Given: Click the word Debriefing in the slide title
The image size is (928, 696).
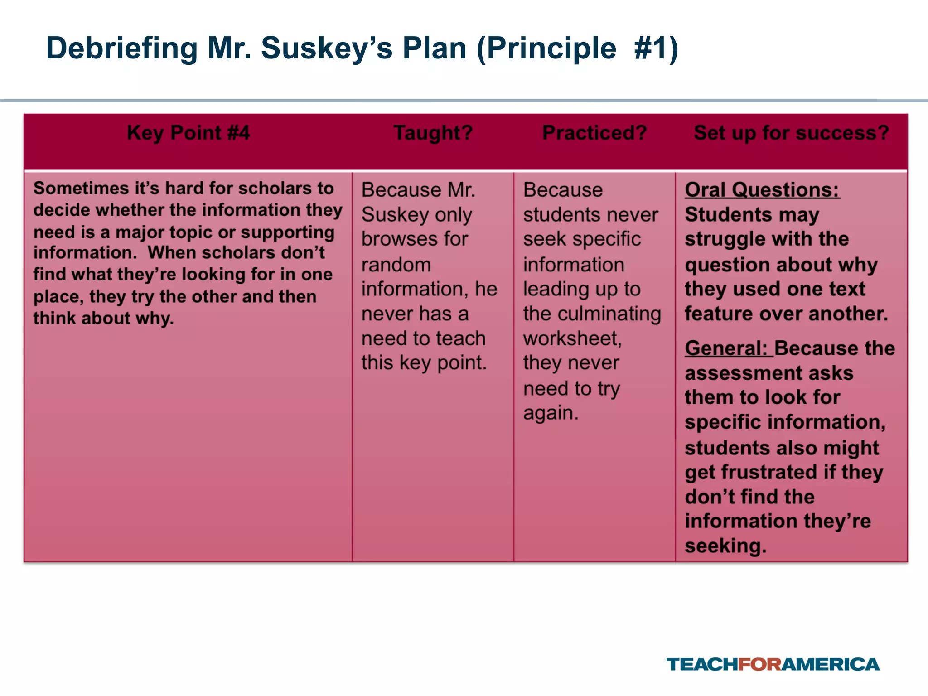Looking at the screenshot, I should pyautogui.click(x=122, y=48).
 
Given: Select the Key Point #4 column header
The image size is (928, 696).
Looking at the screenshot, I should pyautogui.click(x=188, y=133).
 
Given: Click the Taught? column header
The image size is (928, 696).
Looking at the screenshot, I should pyautogui.click(x=433, y=133).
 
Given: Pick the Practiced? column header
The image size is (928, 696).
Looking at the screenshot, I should pyautogui.click(x=594, y=133).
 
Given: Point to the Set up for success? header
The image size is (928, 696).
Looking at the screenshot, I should pyautogui.click(x=791, y=133).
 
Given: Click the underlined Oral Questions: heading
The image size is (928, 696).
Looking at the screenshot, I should pyautogui.click(x=762, y=189).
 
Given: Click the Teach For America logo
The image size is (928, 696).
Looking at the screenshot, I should pyautogui.click(x=773, y=664).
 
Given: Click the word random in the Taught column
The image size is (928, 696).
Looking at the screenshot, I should pyautogui.click(x=396, y=265).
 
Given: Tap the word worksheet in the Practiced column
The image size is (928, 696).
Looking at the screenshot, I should pyautogui.click(x=572, y=338).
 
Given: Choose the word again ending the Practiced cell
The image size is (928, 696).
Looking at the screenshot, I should pyautogui.click(x=551, y=413).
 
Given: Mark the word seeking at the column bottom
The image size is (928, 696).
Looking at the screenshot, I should pyautogui.click(x=725, y=546).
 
